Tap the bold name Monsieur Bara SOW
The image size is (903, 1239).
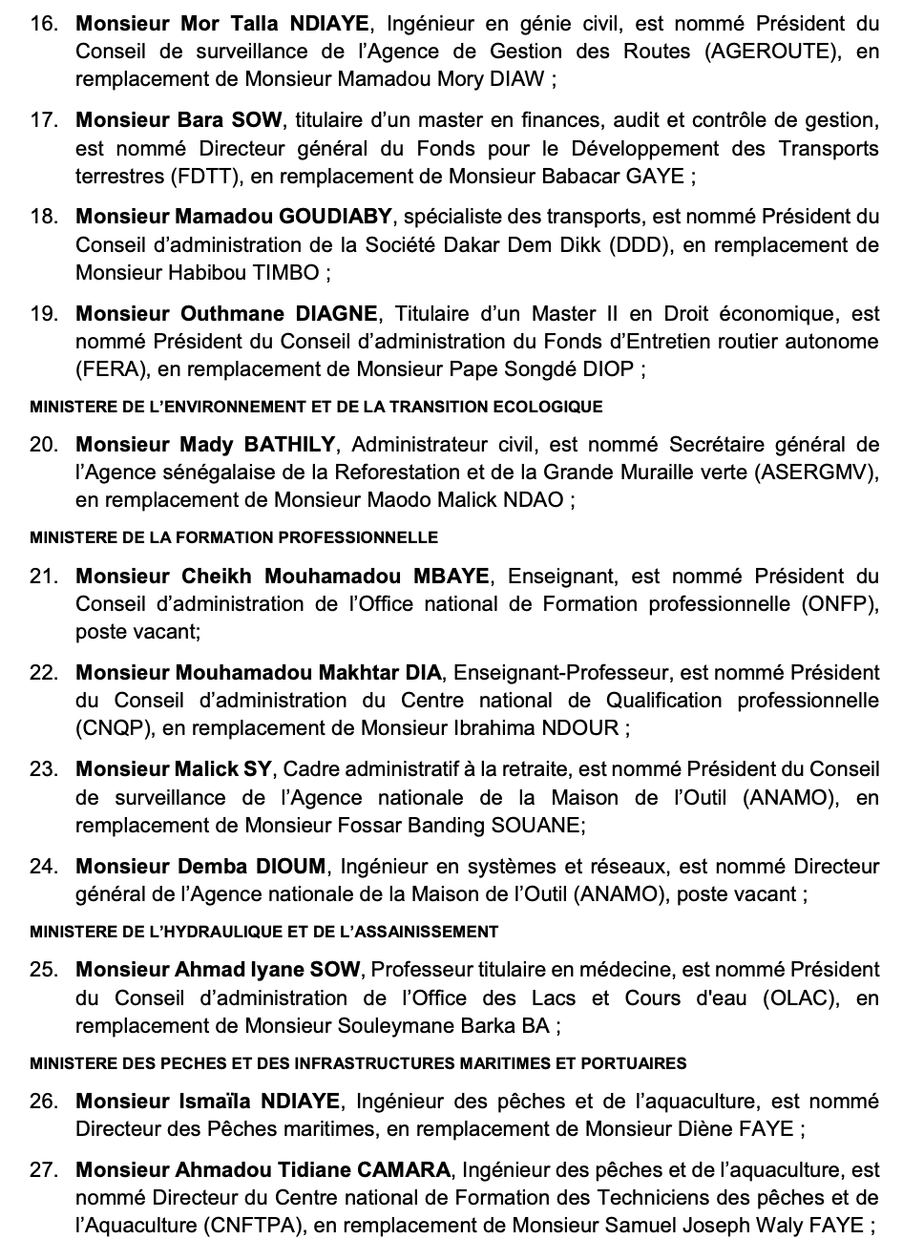point(179,119)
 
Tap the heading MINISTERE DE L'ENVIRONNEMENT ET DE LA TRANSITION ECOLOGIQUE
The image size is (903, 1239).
point(316,407)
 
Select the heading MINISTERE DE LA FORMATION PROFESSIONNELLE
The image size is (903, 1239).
point(234,538)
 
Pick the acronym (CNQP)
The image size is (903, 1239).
point(114,728)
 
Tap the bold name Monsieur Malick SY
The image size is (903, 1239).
point(174,768)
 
